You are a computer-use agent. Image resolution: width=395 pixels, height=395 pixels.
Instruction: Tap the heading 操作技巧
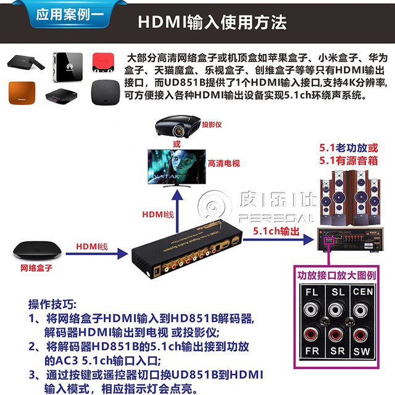coord(52,304)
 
